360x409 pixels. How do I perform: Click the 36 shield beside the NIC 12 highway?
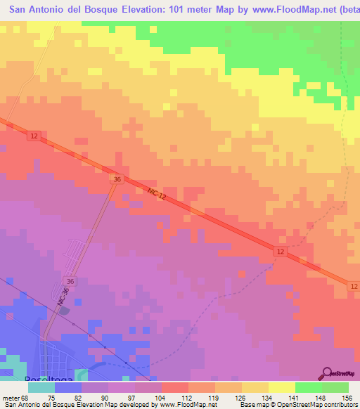117,180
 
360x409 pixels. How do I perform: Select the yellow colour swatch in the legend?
282,387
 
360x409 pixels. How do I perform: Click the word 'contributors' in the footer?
337,405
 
